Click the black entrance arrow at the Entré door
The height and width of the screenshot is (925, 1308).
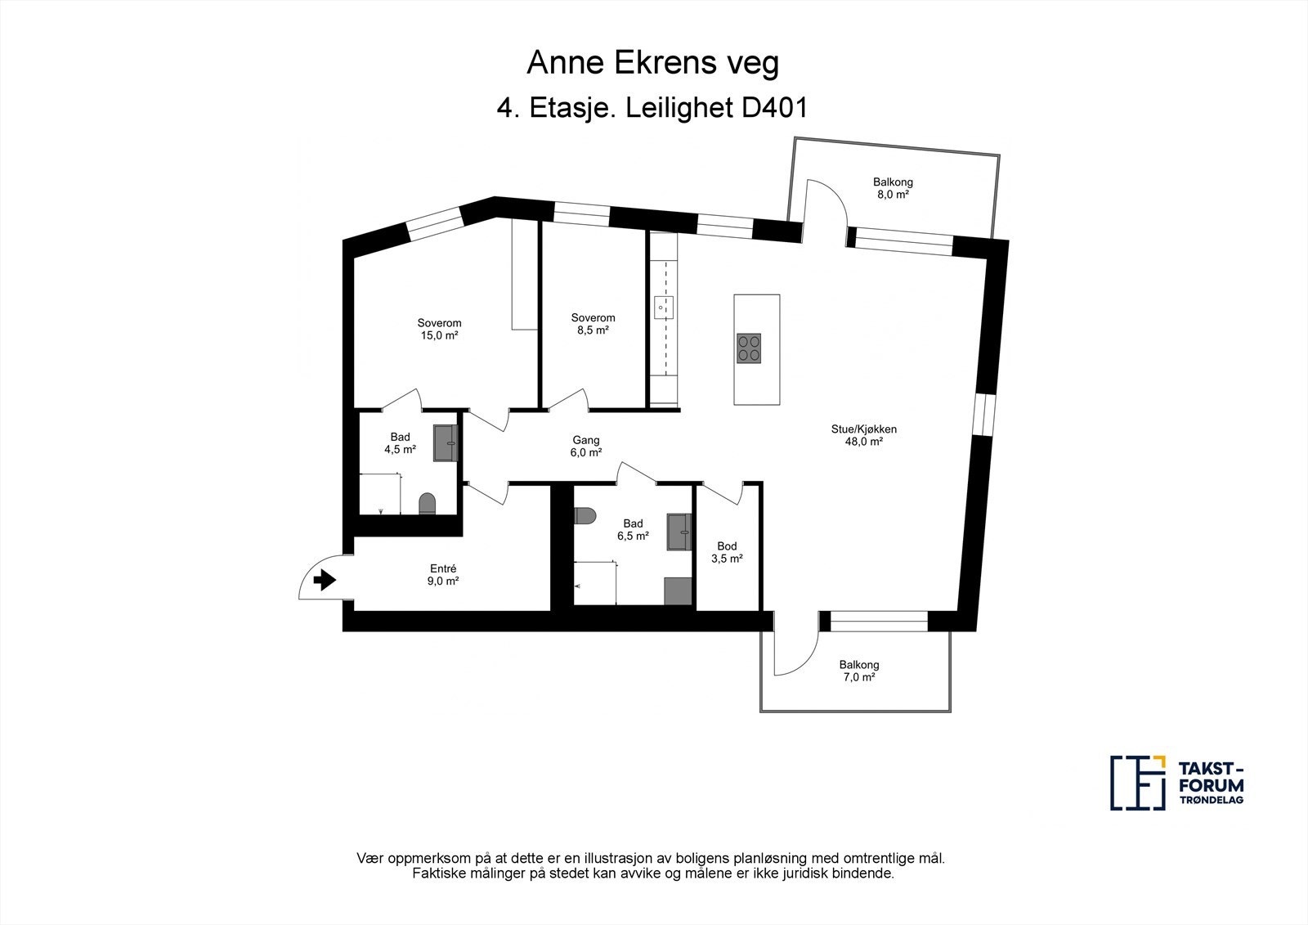325,580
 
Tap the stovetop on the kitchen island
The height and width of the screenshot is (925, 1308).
749,348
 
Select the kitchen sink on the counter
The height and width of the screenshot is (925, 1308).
663,308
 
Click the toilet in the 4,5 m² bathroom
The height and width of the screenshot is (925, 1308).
428,504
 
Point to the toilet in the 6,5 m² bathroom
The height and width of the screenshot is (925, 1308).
585,515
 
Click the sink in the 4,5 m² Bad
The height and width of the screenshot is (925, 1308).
445,443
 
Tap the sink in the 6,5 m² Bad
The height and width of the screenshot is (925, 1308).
679,532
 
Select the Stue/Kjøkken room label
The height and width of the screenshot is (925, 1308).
863,435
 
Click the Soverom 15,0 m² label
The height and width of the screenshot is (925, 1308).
439,329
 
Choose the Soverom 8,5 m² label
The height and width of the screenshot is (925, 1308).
593,324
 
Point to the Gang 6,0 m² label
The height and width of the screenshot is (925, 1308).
585,446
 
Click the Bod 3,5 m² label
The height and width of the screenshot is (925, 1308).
727,552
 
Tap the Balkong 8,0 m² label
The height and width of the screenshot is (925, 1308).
893,188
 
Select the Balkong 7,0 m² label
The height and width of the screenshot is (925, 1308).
859,671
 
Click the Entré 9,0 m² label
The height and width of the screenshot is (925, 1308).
442,574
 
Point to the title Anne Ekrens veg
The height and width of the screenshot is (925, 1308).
653,62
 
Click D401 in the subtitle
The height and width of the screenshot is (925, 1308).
774,108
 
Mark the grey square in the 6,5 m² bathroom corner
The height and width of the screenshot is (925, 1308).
678,590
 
